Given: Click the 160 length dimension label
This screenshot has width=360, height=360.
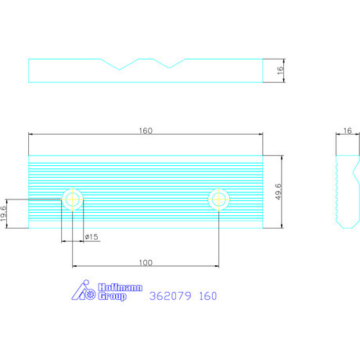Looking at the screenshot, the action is pos(146,131).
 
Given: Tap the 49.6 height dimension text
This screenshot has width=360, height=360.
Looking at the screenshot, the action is pos(279,192).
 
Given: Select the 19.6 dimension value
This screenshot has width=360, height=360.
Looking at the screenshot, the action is pos(3,214).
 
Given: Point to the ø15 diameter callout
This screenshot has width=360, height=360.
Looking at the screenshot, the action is pos(92,237).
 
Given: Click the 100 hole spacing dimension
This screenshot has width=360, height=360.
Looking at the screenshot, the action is pos(146,262).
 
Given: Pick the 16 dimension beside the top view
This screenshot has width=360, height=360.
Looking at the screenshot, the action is pos(280,70).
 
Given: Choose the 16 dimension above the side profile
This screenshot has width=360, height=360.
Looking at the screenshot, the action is pos(347,131).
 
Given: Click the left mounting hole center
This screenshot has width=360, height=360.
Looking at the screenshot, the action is pos(73,200).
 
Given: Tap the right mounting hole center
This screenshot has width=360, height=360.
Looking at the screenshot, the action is pos(219,200).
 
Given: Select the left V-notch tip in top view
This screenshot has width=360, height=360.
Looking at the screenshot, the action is pos(120,70).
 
